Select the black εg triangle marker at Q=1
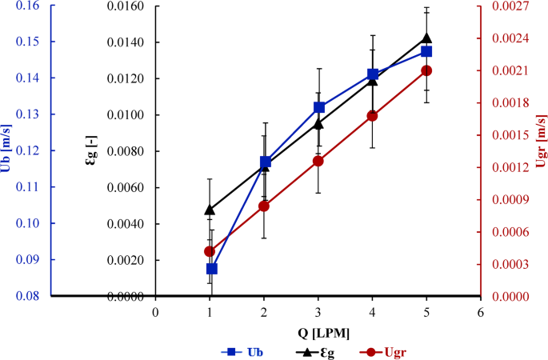pos(210,210)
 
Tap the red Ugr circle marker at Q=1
pos(210,251)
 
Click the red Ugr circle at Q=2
pos(264,206)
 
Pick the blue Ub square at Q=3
pos(318,107)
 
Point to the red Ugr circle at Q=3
pos(318,161)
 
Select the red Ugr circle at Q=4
pos(372,115)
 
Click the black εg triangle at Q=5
pos(426,38)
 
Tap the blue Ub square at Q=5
pos(426,51)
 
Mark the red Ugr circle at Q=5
pos(426,70)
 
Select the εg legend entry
pos(314,351)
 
